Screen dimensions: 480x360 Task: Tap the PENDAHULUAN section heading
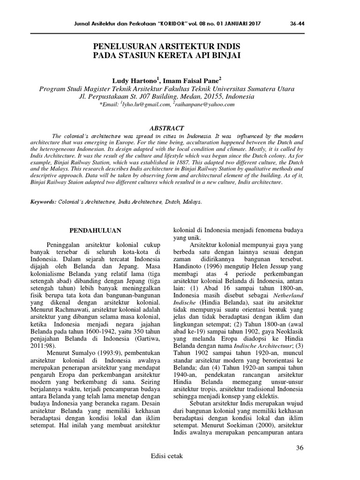pyautogui.click(x=96, y=230)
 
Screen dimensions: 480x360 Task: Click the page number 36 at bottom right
pyautogui.click(x=300, y=448)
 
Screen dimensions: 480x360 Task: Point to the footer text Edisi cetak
pyautogui.click(x=166, y=456)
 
